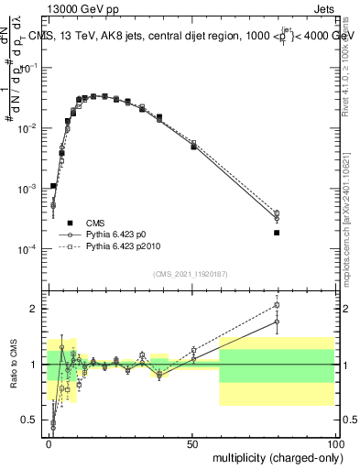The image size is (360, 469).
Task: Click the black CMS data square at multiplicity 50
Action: [193, 147]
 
